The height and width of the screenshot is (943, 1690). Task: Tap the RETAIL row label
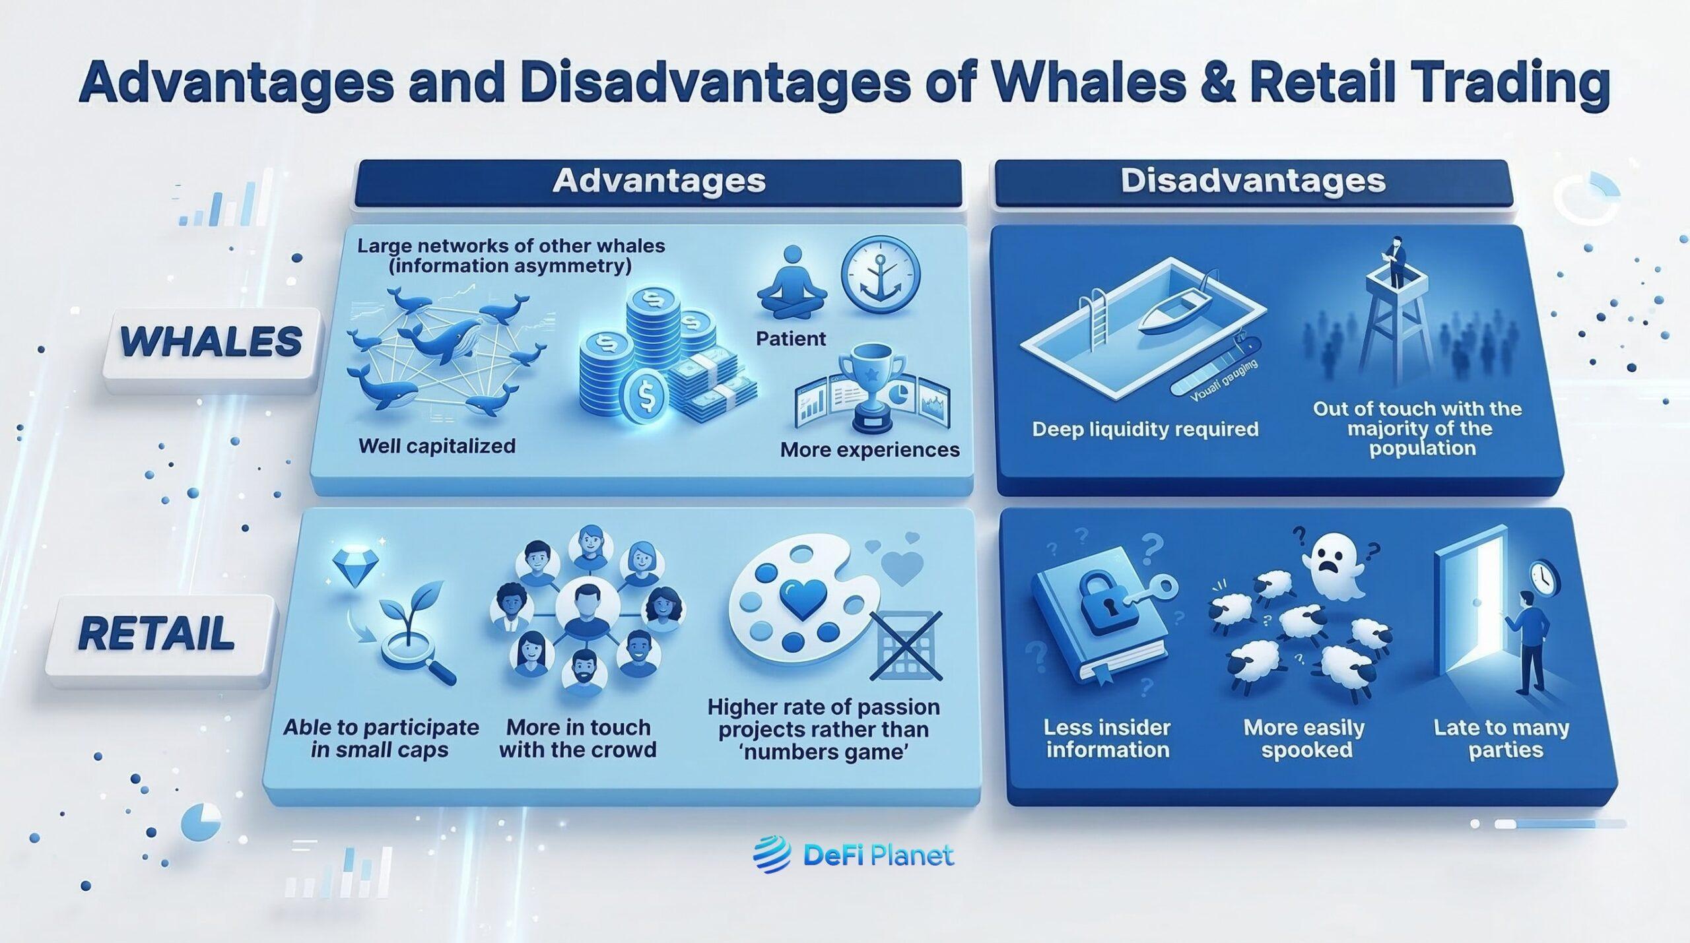(x=156, y=634)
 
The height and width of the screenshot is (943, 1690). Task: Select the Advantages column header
(x=658, y=181)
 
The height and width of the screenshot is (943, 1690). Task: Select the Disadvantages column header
(x=1252, y=181)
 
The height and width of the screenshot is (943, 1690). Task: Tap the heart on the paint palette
(x=801, y=598)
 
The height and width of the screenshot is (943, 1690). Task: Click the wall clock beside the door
(x=1543, y=577)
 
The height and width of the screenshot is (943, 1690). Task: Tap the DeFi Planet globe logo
(x=772, y=855)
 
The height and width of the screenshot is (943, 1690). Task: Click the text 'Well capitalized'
(x=436, y=446)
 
